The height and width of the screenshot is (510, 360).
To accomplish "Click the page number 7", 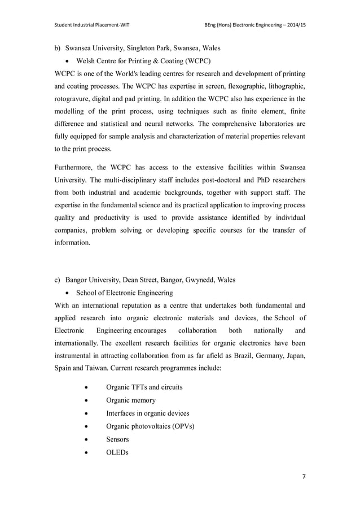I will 304,477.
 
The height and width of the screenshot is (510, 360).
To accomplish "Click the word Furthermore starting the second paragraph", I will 77,169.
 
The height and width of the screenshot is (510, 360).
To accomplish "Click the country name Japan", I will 293,343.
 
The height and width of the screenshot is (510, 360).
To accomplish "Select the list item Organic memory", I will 131,400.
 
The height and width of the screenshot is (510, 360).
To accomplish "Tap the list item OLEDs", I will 117,452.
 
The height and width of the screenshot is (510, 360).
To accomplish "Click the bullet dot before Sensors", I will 85,439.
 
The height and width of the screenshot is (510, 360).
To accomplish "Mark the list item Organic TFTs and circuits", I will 144,387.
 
